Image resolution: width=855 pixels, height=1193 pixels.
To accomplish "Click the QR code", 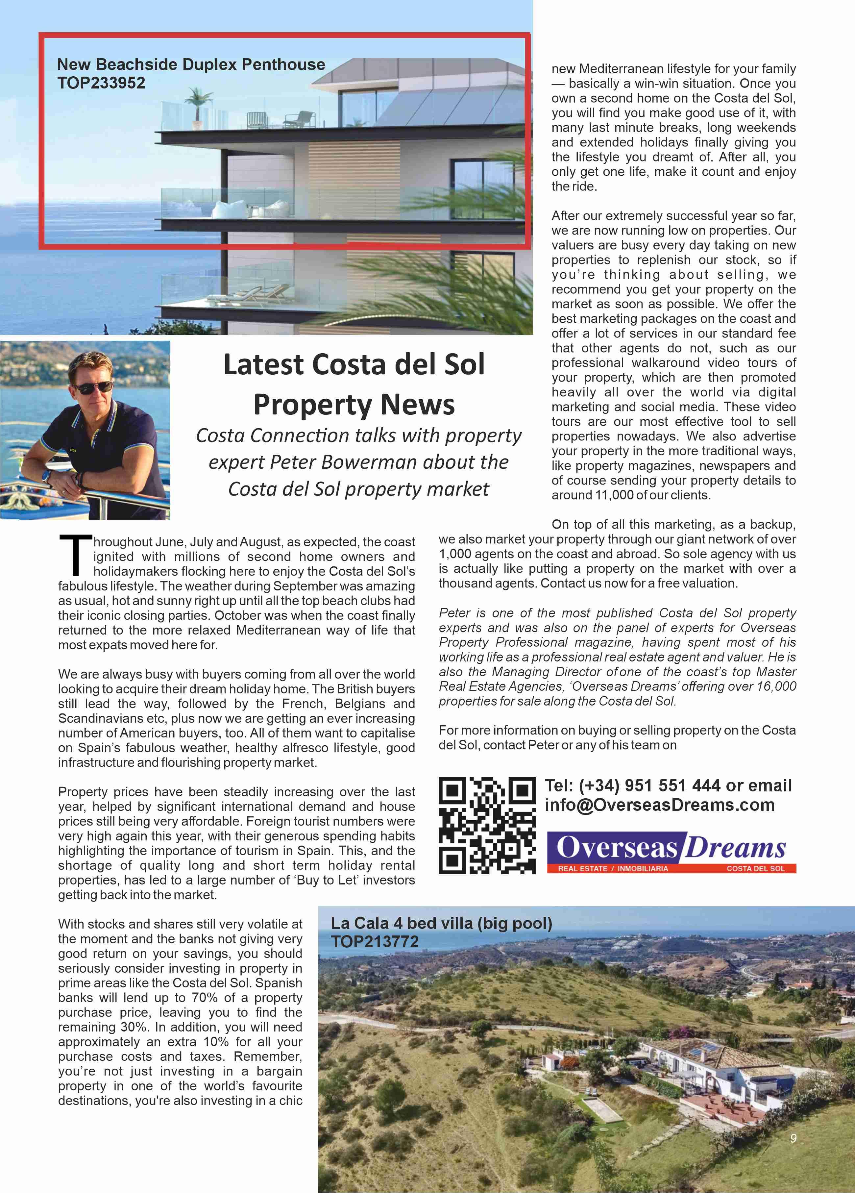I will point(487,825).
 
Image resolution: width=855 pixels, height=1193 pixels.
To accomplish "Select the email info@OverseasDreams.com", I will point(659,805).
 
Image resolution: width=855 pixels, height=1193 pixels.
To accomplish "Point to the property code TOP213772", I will point(374,942).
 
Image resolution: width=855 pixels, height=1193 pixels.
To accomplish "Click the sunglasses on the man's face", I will point(94,388).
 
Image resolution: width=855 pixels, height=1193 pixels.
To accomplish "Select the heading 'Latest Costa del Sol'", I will point(354,364).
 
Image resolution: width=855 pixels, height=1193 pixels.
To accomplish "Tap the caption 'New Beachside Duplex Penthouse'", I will point(191,65).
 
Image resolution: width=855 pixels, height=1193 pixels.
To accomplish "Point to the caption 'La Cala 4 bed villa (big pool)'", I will point(441,923).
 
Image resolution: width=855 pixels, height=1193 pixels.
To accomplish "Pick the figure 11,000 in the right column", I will point(614,495).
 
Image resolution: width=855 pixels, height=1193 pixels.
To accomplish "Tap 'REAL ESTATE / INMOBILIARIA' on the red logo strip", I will point(613,868).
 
